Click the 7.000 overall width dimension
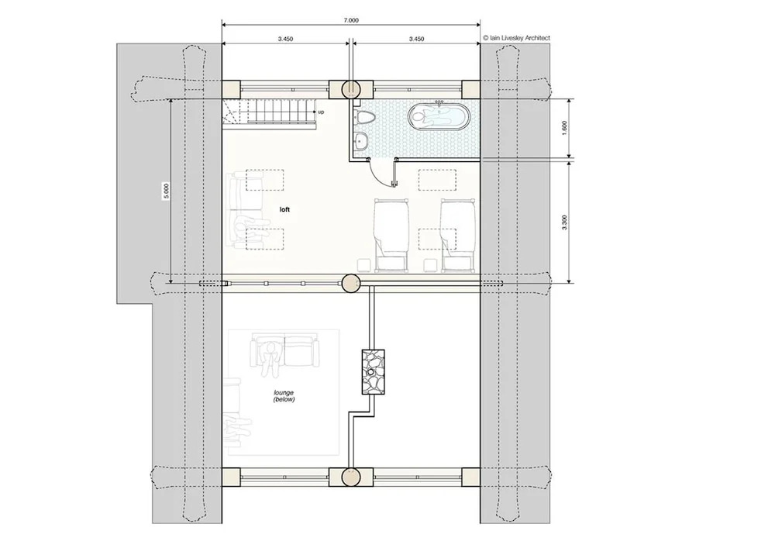[x=350, y=20]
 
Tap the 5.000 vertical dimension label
[x=167, y=191]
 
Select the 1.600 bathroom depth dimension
[x=565, y=128]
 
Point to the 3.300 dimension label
[x=565, y=222]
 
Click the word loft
[x=284, y=209]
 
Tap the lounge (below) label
[x=284, y=396]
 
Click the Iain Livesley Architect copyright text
[x=516, y=37]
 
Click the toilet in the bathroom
[x=365, y=118]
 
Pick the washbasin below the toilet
[x=361, y=140]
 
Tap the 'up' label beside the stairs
[x=321, y=112]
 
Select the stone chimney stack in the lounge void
[x=374, y=371]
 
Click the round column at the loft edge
[x=351, y=284]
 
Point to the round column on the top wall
[x=351, y=89]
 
